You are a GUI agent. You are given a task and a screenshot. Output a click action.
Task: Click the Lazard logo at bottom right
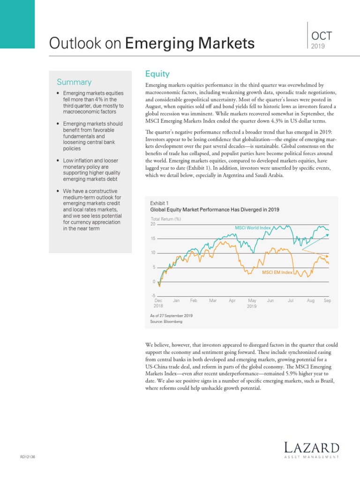pos(311,450)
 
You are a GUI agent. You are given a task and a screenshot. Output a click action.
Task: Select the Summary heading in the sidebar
pos(74,82)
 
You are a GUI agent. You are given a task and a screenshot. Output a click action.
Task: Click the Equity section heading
pos(157,74)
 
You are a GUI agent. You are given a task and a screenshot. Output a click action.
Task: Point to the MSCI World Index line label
pos(253,228)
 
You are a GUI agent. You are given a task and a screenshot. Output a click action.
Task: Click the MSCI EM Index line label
pos(277,272)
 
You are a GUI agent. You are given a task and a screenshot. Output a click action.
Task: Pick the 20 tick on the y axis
pos(152,224)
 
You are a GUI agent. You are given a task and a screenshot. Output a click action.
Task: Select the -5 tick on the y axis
pos(153,295)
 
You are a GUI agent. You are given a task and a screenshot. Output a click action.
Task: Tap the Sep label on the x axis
pos(327,300)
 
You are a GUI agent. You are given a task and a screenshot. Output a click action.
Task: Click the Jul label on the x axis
pos(291,300)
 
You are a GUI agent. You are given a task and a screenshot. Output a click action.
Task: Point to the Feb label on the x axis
pos(194,300)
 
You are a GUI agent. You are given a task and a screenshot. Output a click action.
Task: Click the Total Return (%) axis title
pos(165,219)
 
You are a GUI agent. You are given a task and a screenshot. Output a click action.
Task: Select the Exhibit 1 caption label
pos(159,203)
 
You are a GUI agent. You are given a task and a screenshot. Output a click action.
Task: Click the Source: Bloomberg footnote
pos(166,322)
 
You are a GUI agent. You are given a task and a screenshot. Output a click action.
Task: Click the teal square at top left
pos(17,24)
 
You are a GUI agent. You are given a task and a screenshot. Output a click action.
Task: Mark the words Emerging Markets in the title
pos(190,44)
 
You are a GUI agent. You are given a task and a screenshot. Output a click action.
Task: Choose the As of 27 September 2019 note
pos(171,315)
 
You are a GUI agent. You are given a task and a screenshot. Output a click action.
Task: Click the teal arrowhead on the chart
pos(327,235)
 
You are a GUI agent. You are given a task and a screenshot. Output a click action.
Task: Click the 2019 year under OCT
pos(317,46)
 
